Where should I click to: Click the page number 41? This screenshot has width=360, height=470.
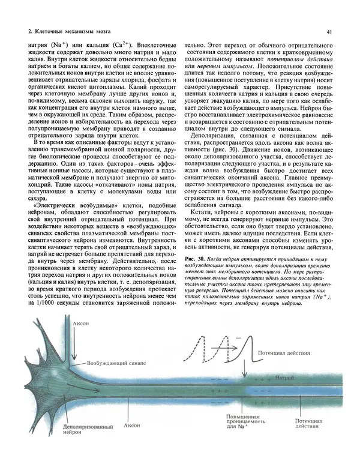(x=329, y=31)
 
